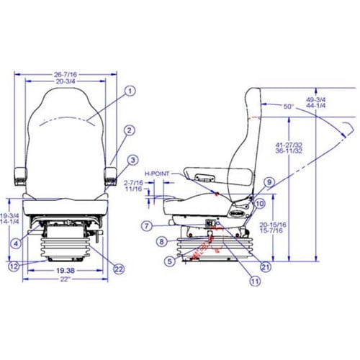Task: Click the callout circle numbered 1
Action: pos(130,91)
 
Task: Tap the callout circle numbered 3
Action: pos(133,159)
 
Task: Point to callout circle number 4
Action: pos(15,243)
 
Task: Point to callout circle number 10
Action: pos(260,204)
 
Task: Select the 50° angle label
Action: pos(288,107)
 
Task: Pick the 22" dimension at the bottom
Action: pos(65,278)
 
